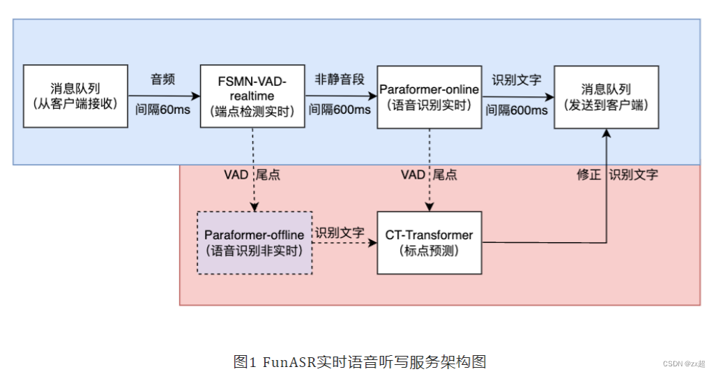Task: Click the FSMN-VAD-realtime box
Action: pyautogui.click(x=252, y=96)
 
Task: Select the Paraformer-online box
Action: pyautogui.click(x=429, y=96)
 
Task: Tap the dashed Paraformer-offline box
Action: pyautogui.click(x=254, y=242)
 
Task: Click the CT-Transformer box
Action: pyautogui.click(x=429, y=242)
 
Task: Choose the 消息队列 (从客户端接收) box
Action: pyautogui.click(x=75, y=96)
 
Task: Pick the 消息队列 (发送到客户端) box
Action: pyautogui.click(x=606, y=96)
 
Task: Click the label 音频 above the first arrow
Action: pyautogui.click(x=162, y=80)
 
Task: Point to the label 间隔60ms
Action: pyautogui.click(x=162, y=110)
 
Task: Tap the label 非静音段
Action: pyautogui.click(x=340, y=80)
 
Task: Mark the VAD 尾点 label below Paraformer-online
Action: pyautogui.click(x=429, y=175)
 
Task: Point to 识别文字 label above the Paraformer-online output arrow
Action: pyautogui.click(x=516, y=80)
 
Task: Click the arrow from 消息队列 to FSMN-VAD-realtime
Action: pyautogui.click(x=164, y=96)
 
